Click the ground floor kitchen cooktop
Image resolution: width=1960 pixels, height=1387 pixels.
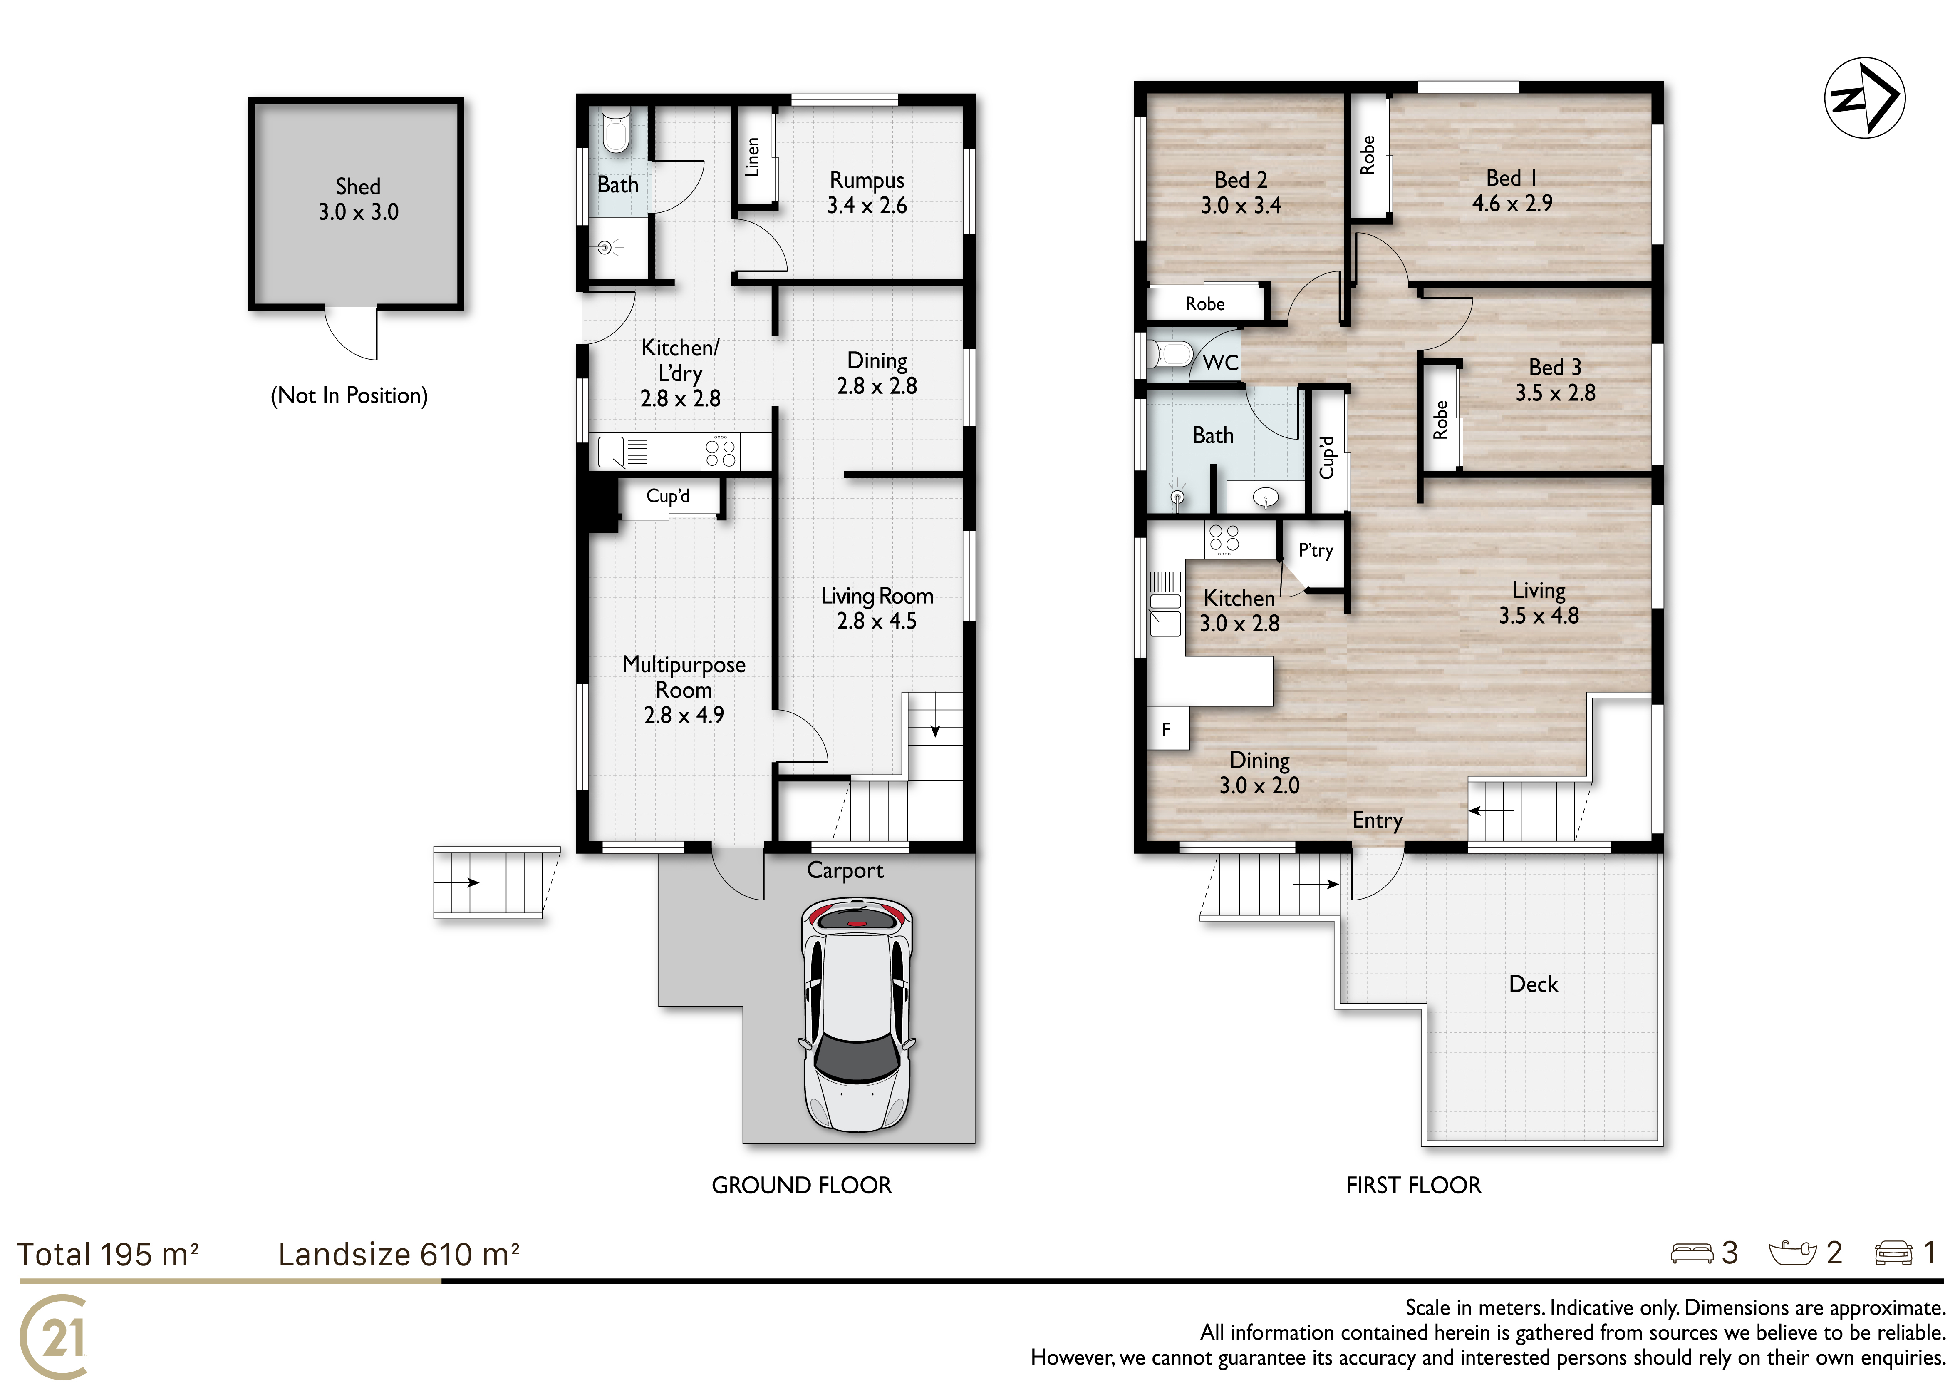[x=721, y=451]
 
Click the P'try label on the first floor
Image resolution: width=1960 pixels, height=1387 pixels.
[x=1316, y=551]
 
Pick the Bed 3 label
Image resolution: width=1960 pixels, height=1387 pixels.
[x=1554, y=367]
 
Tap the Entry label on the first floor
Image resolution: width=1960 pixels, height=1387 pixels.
[x=1377, y=821]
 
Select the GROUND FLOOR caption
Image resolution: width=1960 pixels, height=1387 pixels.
[x=802, y=1186]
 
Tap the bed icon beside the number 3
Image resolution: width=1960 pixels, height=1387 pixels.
[x=1691, y=1253]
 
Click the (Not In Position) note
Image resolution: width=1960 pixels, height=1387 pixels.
[x=349, y=395]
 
